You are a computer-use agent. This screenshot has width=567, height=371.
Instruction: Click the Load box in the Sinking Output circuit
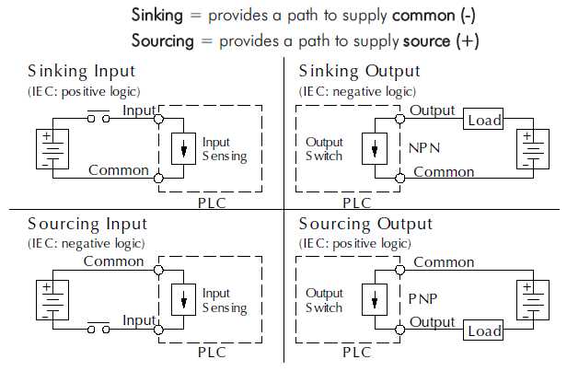[x=483, y=121]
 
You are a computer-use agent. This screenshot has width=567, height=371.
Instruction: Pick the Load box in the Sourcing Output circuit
[x=483, y=330]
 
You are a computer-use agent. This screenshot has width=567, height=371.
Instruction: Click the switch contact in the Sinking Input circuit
[x=98, y=116]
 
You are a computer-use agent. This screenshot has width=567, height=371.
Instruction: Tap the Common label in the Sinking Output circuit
[x=444, y=172]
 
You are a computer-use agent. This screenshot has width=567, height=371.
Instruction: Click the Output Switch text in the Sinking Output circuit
[x=323, y=149]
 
